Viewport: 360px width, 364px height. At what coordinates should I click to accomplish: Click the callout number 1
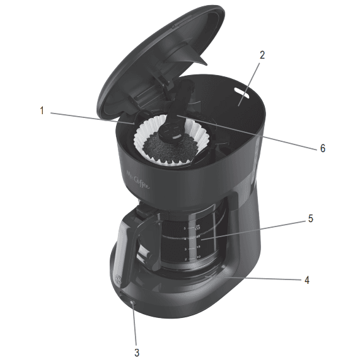[x=42, y=111]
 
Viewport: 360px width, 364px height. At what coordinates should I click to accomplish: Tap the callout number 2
[x=262, y=54]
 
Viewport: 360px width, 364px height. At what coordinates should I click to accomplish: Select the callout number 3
[x=136, y=352]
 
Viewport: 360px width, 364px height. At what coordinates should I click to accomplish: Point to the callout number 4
[x=306, y=279]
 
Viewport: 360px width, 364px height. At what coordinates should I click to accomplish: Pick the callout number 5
[x=310, y=219]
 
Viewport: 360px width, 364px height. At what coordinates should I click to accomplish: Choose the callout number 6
[x=322, y=148]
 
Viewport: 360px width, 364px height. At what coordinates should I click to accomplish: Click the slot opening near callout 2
[x=241, y=93]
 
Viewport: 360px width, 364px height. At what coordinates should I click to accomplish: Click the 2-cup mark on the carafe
[x=186, y=259]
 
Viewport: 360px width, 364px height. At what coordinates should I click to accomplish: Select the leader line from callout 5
[x=252, y=228]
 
